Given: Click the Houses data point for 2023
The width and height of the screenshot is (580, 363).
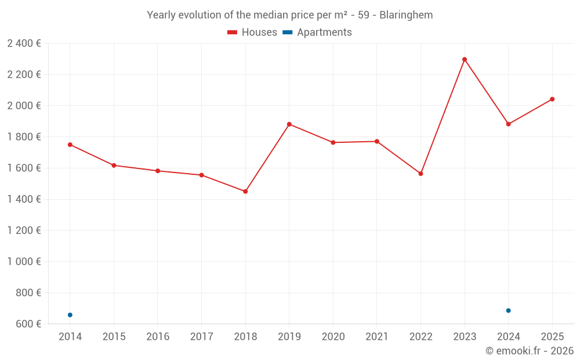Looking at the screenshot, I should point(465,59).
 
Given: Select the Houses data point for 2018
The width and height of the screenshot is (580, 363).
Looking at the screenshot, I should point(245,191).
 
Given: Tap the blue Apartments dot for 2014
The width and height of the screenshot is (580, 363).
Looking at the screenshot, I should point(70,315).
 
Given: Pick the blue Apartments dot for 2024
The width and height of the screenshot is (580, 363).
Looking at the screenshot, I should point(509,311).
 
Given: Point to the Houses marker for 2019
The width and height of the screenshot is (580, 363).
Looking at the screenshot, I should point(289,124).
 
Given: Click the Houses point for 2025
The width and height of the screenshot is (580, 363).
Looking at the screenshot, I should point(552,99).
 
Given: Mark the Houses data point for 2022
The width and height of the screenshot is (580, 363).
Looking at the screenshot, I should point(420,174).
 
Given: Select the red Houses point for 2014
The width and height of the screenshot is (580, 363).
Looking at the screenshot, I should point(70,145).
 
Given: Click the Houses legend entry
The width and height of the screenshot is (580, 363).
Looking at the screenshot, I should point(252,33).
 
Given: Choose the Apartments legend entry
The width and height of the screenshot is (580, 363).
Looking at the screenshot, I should point(318,33).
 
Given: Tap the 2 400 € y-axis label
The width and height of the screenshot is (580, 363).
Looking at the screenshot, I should point(24,43).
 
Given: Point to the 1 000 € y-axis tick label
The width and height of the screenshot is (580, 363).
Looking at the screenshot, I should point(24,261).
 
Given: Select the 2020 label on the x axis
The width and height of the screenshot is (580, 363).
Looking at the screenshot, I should point(333,337).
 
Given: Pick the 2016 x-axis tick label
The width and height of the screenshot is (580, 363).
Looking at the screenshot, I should point(158,337).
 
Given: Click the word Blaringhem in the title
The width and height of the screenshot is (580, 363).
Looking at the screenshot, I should point(406,15).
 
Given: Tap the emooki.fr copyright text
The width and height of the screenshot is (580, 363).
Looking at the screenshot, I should point(530,351).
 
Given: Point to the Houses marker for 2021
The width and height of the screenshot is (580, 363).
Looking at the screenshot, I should point(377,141).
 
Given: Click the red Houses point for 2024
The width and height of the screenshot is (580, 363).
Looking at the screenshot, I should point(509,124).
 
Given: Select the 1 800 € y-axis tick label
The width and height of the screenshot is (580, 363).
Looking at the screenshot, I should point(24,136).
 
